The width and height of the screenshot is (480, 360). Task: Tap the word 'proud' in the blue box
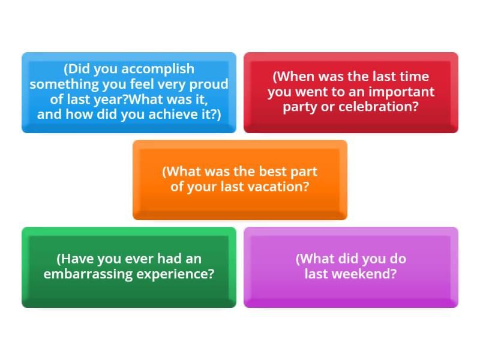click(210, 84)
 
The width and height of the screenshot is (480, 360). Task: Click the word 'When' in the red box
click(295, 77)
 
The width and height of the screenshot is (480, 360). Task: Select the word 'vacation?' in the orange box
click(280, 187)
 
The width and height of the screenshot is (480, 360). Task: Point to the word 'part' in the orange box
click(304, 172)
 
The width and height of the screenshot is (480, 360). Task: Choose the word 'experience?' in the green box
click(179, 274)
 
